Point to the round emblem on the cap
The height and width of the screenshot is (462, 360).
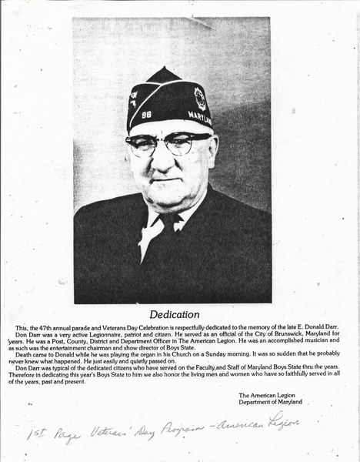[200, 99]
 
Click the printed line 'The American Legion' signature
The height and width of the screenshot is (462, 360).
[269, 394]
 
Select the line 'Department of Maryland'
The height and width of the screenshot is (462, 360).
[270, 402]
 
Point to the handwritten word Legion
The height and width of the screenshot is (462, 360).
[278, 421]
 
